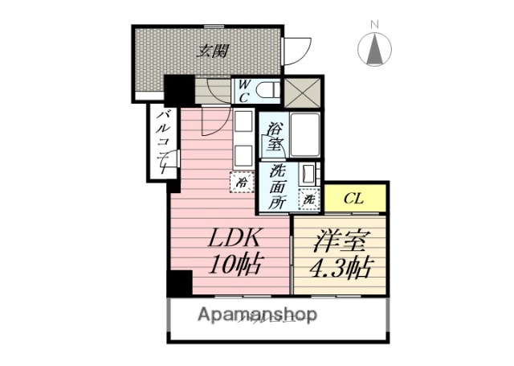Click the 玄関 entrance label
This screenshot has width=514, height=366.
pyautogui.click(x=214, y=51)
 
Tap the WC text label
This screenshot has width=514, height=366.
pyautogui.click(x=242, y=89)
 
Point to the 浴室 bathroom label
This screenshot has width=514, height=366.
pyautogui.click(x=275, y=137)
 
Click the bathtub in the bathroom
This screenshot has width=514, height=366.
pyautogui.click(x=304, y=135)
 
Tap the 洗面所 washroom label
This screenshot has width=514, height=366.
pyautogui.click(x=277, y=187)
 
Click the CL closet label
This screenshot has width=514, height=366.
pyautogui.click(x=352, y=198)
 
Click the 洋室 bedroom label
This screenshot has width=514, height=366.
pyautogui.click(x=337, y=241)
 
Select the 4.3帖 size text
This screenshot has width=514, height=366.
pyautogui.click(x=337, y=266)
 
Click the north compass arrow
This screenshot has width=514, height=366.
pyautogui.click(x=374, y=51)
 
